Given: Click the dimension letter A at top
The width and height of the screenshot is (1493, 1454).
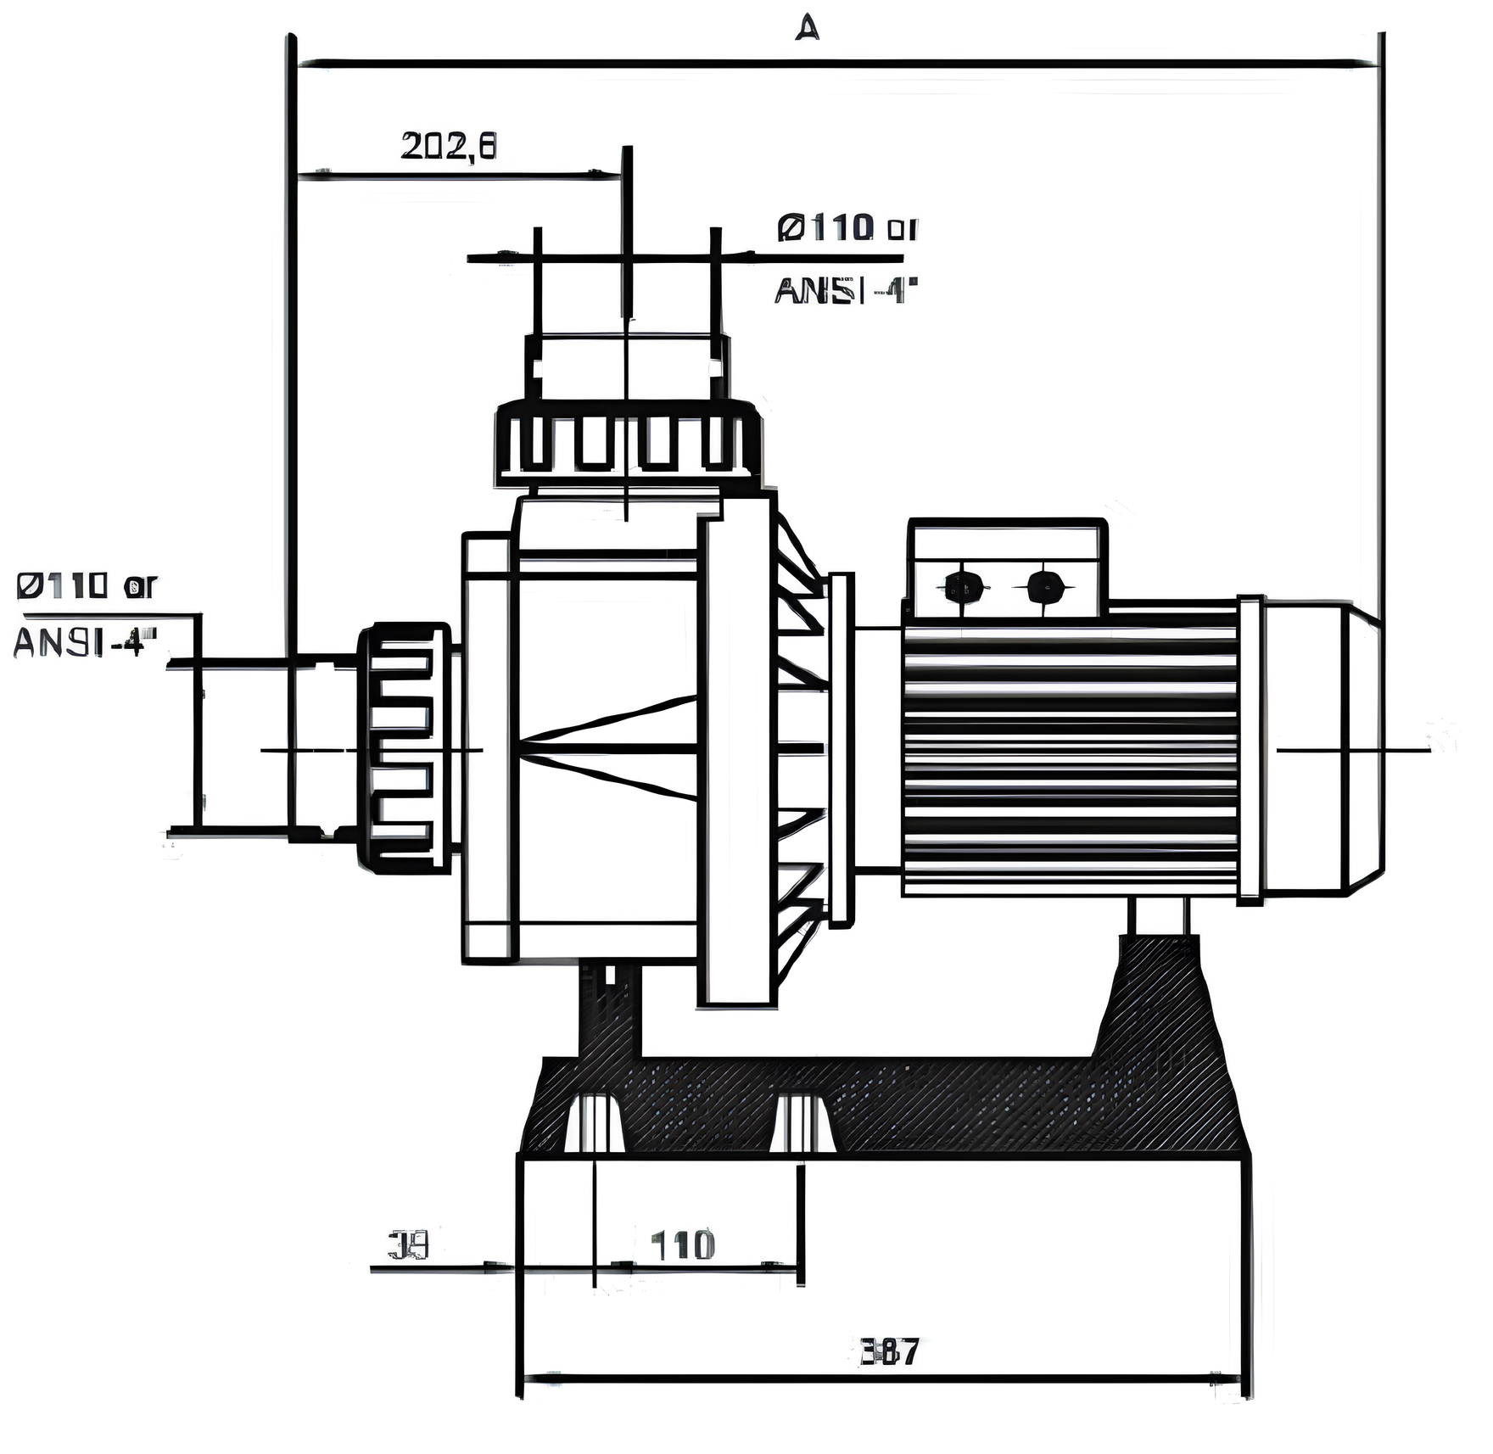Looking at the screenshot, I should click(x=807, y=28).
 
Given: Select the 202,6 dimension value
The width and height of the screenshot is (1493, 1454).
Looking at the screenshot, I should click(x=448, y=147).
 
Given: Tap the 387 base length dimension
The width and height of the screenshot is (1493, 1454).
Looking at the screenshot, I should click(x=889, y=1351).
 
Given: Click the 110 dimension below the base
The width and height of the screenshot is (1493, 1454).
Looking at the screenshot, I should click(x=682, y=1245).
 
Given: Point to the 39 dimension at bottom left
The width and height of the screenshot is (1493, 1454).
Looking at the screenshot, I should click(x=409, y=1245).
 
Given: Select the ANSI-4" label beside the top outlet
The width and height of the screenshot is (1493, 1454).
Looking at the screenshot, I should click(x=846, y=291).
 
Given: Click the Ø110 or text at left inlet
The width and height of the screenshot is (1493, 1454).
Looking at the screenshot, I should click(x=87, y=585).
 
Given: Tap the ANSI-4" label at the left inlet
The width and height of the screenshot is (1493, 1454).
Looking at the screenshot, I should click(x=85, y=642).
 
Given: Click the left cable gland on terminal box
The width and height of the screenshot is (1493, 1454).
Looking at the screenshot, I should click(x=965, y=586).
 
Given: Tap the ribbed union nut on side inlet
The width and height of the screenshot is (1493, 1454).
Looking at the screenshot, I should click(x=404, y=748).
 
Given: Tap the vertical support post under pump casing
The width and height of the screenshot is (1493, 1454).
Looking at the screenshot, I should click(x=609, y=1009).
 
